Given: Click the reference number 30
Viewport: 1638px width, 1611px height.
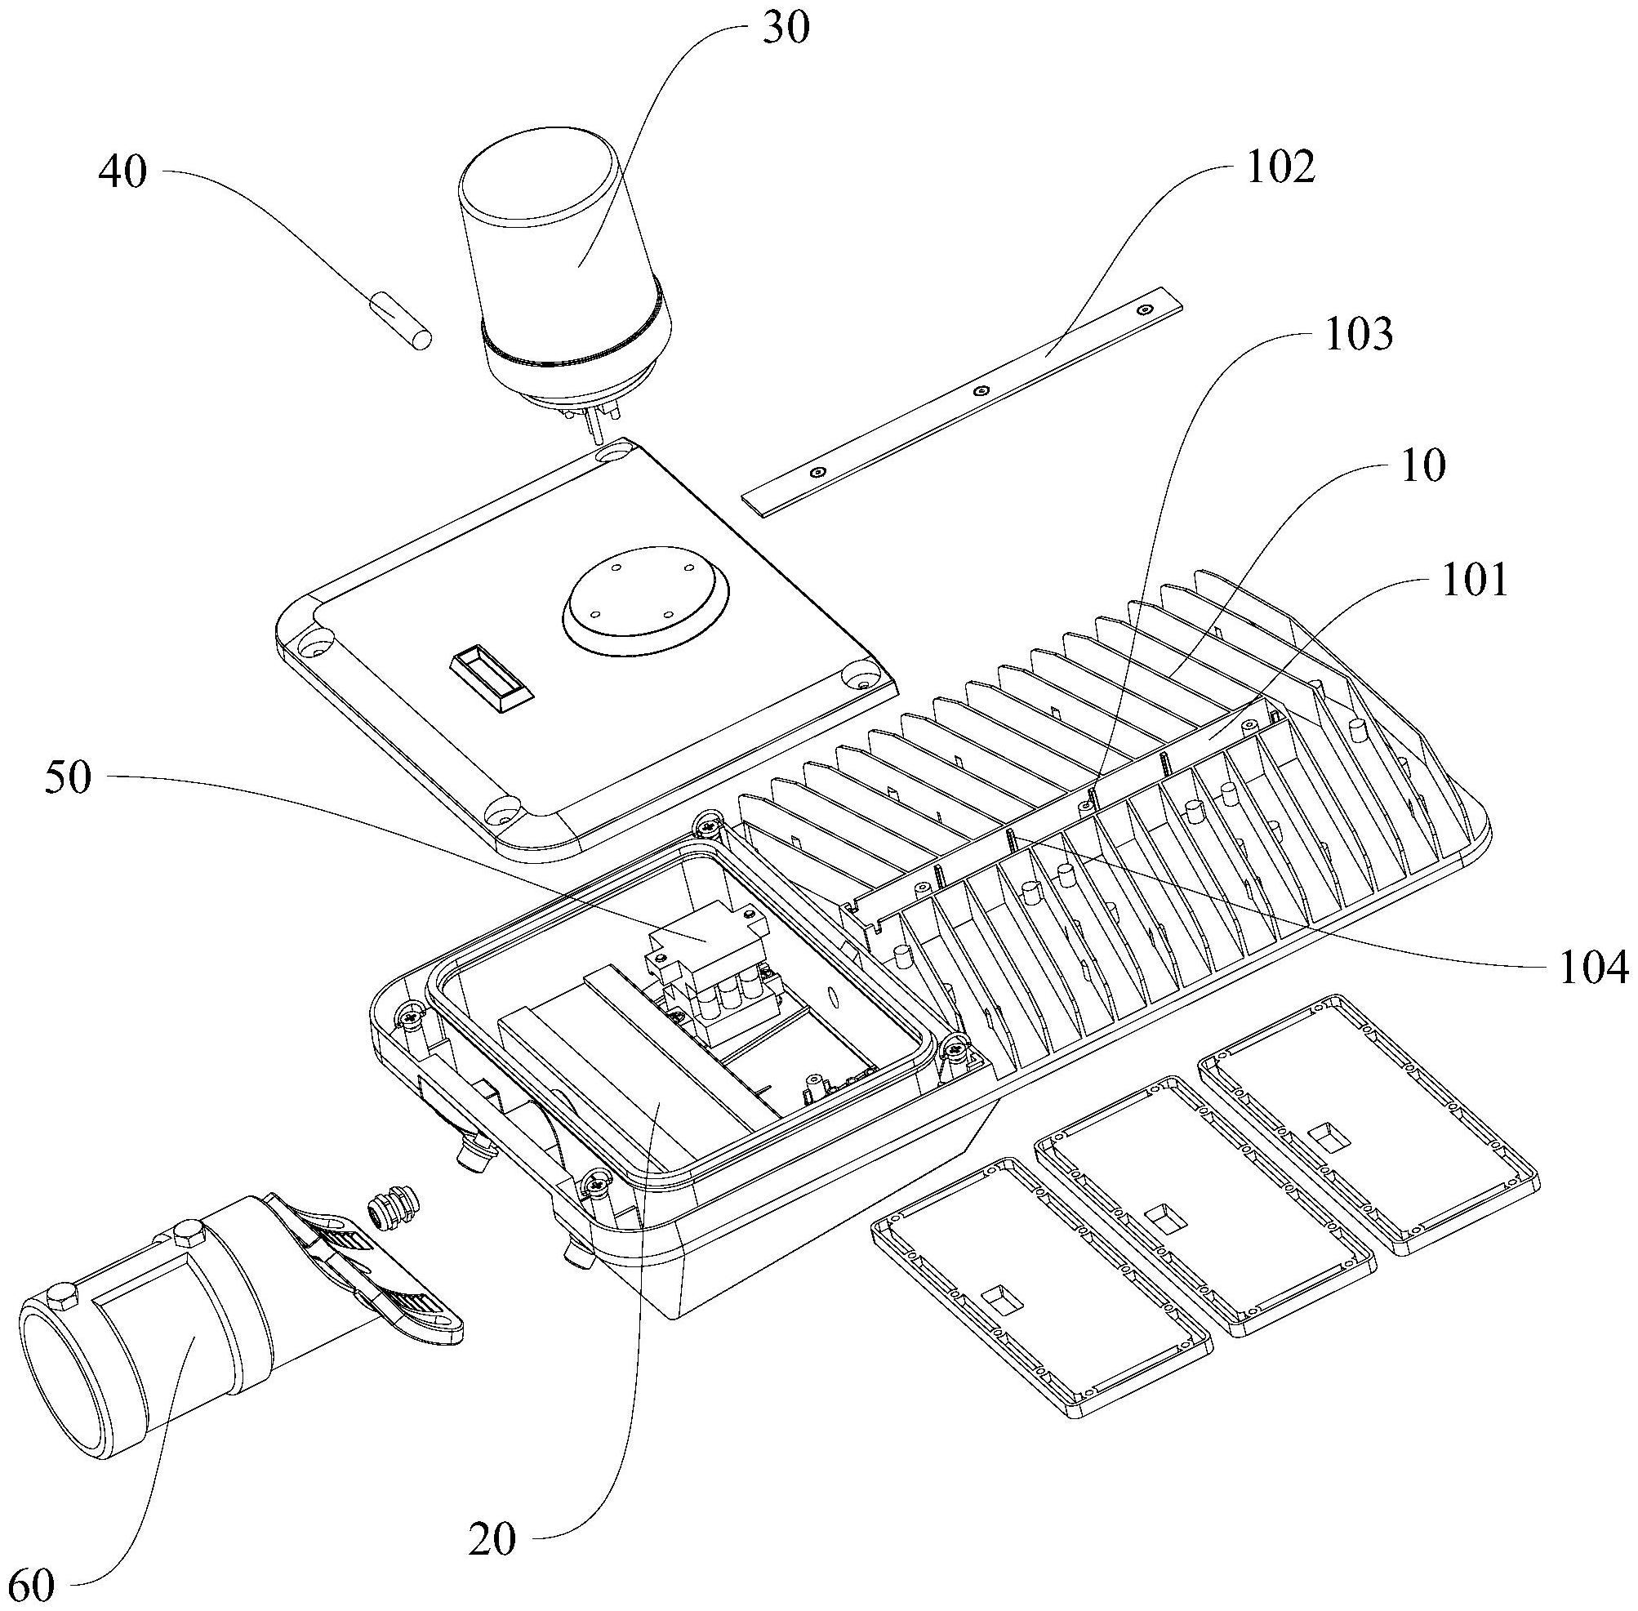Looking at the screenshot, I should (x=786, y=29).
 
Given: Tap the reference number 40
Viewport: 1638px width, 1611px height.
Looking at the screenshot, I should (x=123, y=172).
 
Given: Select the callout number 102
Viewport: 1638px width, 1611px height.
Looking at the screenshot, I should (x=1281, y=167).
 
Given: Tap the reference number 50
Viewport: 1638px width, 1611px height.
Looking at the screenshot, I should (x=68, y=777).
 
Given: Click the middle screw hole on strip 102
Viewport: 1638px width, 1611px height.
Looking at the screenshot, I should (x=981, y=391).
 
